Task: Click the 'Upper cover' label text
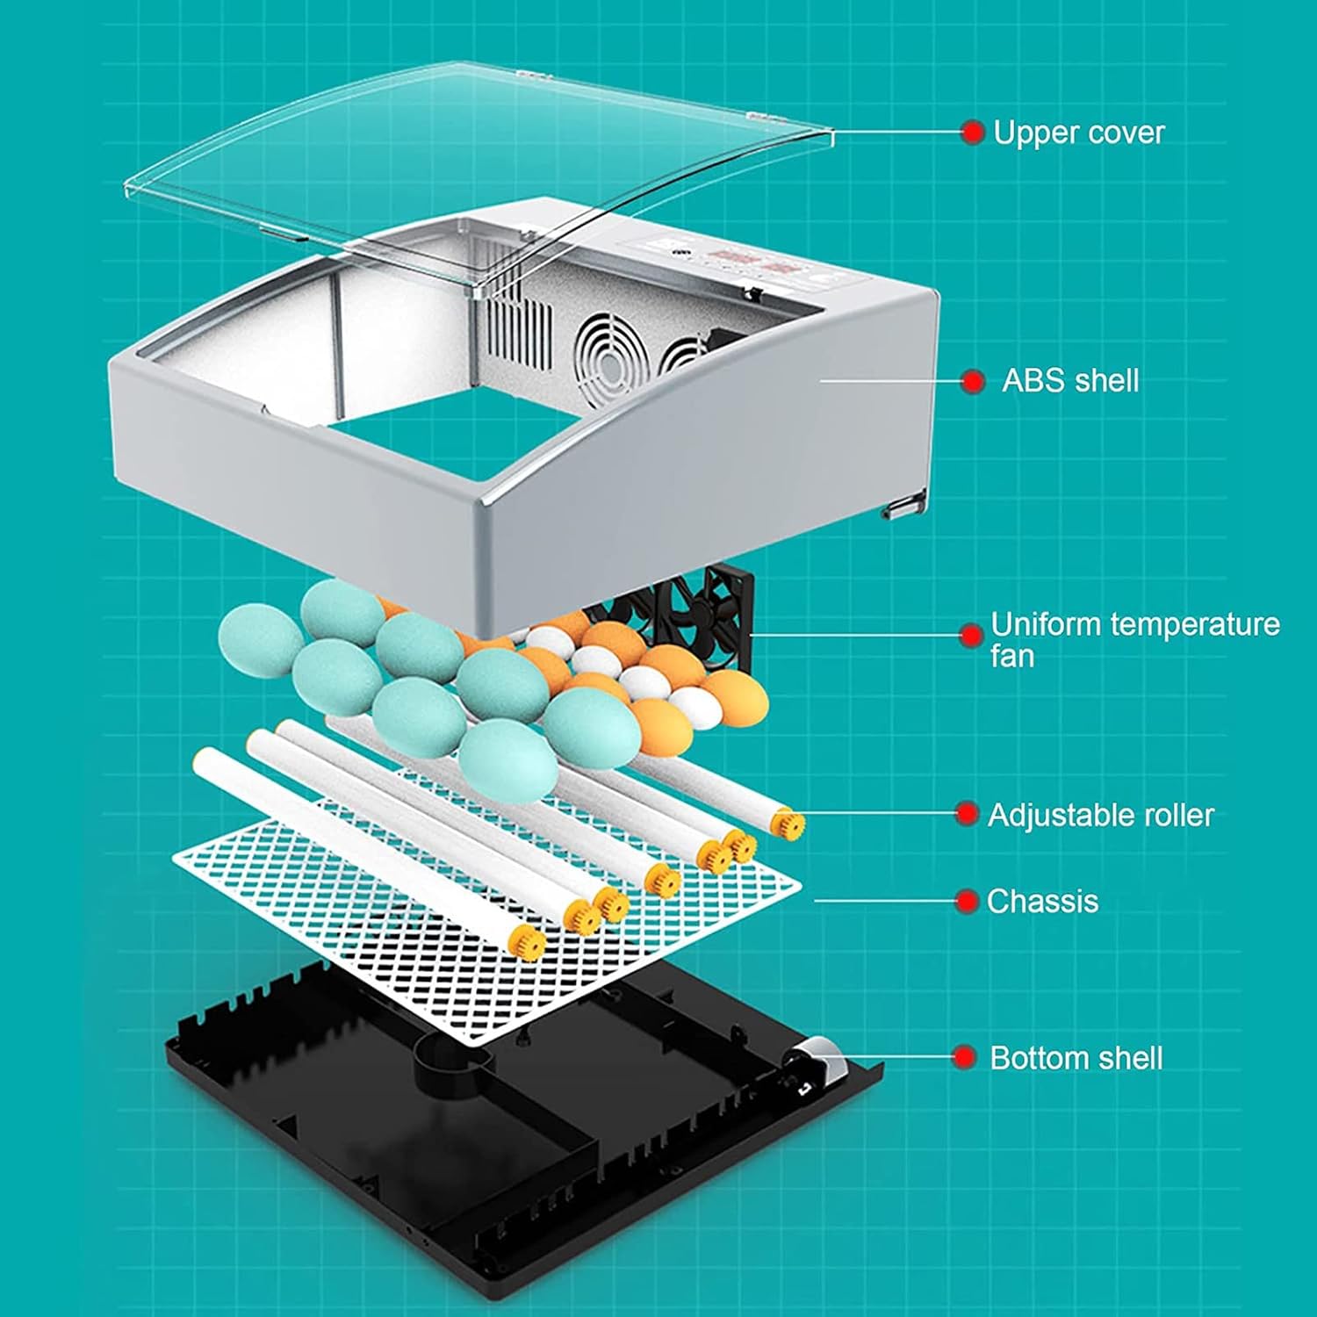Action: tap(1078, 133)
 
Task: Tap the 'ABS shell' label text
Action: tap(1070, 381)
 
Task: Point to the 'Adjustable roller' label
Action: tap(1100, 815)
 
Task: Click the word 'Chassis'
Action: tap(1042, 902)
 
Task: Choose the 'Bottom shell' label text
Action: tap(1076, 1058)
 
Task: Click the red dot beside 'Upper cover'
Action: tap(972, 133)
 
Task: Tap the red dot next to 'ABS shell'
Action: tap(972, 381)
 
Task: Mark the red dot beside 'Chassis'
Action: tap(967, 902)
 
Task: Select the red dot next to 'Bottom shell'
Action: tap(965, 1057)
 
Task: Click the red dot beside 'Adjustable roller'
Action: tap(967, 814)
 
